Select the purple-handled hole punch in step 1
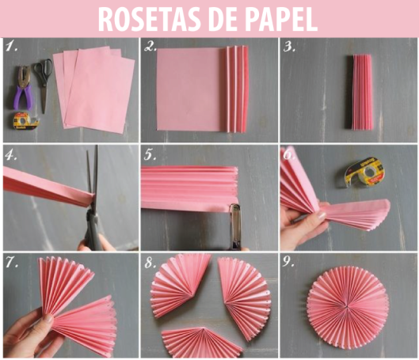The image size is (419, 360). tap(23, 88)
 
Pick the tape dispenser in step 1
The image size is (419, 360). tap(26, 121)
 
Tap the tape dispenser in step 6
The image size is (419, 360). tap(365, 172)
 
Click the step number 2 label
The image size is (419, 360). tap(150, 47)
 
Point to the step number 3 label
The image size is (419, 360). tap(289, 47)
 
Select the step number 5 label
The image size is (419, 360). tap(150, 155)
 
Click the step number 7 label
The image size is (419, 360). tap(12, 263)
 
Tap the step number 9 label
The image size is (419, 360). tap(288, 263)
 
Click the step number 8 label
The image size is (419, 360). tap(150, 263)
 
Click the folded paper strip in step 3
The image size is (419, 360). tap(360, 92)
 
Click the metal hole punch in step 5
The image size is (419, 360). tap(235, 227)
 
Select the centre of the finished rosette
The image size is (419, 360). tap(348, 307)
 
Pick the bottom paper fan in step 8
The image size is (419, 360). tap(202, 342)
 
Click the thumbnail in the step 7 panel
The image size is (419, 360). tap(49, 318)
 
